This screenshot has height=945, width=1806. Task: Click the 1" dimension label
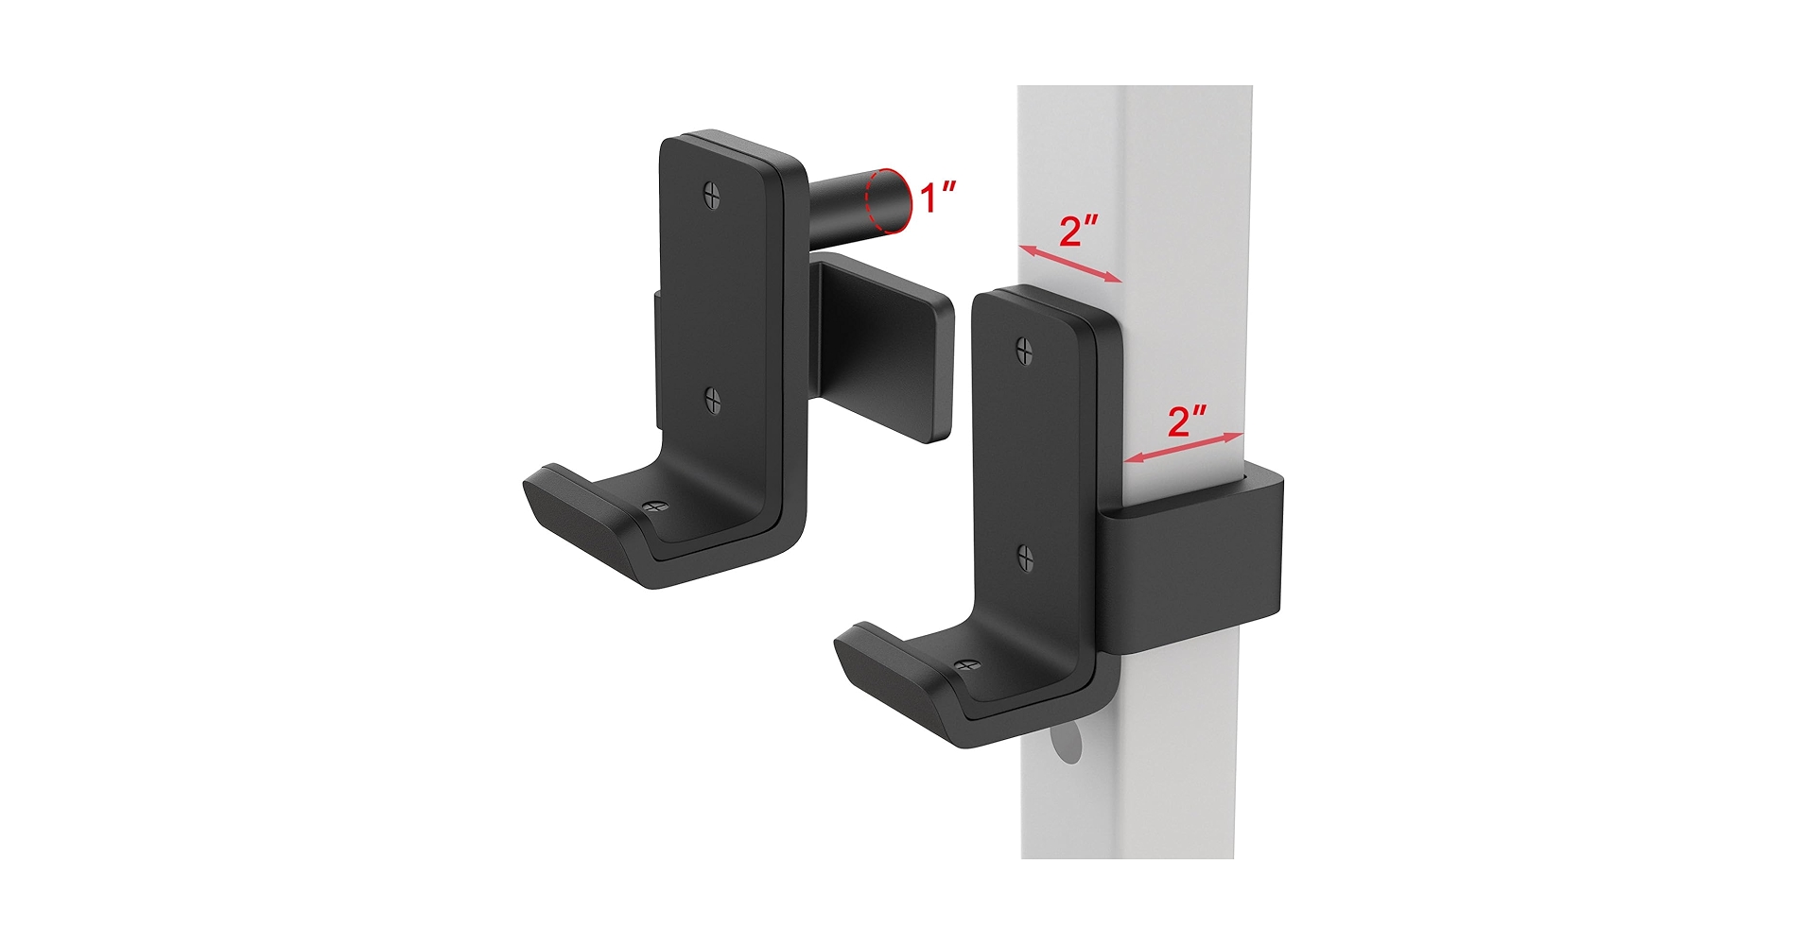click(937, 198)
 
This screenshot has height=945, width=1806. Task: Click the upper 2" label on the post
click(1078, 232)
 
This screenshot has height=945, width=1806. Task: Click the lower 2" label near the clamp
click(1188, 421)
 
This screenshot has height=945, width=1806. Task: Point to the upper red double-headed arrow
click(1070, 264)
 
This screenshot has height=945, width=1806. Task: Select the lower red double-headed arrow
click(1184, 449)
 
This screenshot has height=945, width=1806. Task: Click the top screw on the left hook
click(713, 195)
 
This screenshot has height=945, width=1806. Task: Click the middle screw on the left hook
click(714, 402)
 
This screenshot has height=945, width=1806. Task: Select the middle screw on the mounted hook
click(1026, 558)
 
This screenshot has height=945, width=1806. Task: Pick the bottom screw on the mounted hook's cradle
click(964, 665)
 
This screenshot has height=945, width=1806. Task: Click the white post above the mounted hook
click(1135, 170)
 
